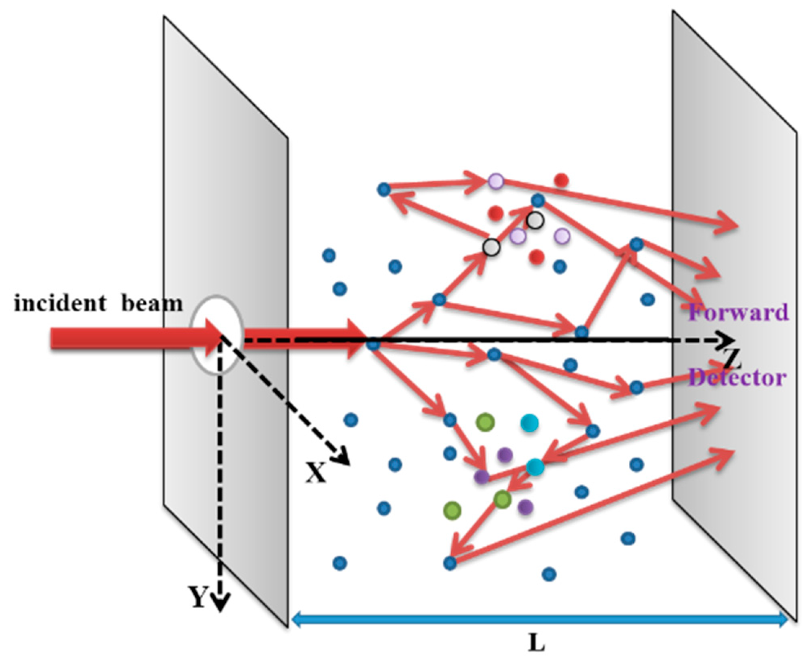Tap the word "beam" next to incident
click(152, 304)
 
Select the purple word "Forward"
click(738, 312)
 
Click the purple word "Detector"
click(737, 377)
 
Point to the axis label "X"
click(316, 473)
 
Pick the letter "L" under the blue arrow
click(536, 642)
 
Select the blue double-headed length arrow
click(539, 620)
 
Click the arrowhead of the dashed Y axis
click(220, 603)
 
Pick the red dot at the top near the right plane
click(561, 180)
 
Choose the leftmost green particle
click(452, 509)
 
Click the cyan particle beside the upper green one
click(529, 423)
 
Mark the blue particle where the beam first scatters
click(373, 343)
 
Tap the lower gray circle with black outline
click(491, 247)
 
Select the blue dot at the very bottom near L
click(549, 574)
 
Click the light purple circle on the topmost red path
click(496, 181)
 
